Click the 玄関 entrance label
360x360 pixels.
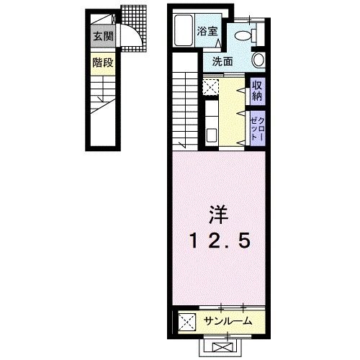coord(102,36)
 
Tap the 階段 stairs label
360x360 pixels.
coord(102,63)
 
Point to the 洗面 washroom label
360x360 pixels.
coord(222,61)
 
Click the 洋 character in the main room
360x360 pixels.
coord(220,213)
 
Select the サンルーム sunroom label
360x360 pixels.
coord(227,320)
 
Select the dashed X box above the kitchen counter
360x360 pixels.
coord(210,87)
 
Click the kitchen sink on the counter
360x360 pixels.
coord(211,134)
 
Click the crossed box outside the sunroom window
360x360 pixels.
coord(220,346)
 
